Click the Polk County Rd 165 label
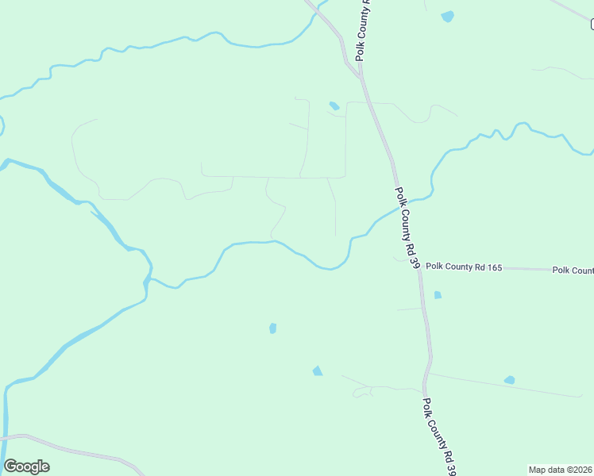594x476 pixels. pos(464,268)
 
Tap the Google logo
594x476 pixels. pos(27,466)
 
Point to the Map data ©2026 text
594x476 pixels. pos(560,470)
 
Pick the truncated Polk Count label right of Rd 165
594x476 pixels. pos(573,271)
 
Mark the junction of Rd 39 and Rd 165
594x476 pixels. pos(418,268)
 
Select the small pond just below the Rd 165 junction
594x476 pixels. pos(438,295)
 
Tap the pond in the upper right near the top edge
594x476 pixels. pos(448,16)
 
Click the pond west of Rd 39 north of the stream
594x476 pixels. pos(334,106)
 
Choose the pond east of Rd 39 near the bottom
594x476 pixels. pos(509,380)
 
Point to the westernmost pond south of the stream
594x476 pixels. pos(272,328)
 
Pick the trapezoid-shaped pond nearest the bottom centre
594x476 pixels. pos(318,370)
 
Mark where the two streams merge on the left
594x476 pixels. pos(148,280)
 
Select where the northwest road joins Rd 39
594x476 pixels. pos(360,75)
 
